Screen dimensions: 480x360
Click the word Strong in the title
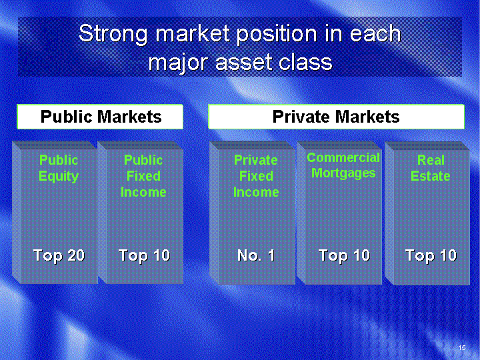[x=113, y=35]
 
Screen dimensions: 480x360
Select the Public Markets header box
[x=100, y=117]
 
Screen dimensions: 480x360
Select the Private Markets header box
[x=336, y=117]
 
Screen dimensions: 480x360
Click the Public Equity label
[x=59, y=168]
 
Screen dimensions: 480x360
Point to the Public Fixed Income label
[x=143, y=176]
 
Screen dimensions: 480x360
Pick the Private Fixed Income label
[x=256, y=176]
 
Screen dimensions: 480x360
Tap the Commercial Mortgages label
[x=343, y=165]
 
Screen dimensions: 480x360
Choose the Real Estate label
[x=431, y=168]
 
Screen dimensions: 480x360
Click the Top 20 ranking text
[x=59, y=256]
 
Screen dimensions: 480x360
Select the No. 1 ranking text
[x=256, y=255]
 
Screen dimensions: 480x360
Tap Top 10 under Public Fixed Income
[x=144, y=256]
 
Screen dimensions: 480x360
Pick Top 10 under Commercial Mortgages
[x=345, y=256]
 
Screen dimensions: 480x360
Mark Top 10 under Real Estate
[x=431, y=256]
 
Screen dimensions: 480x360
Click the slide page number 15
[x=462, y=348]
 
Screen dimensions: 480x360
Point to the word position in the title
[x=277, y=35]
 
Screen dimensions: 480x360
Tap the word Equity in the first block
[x=59, y=177]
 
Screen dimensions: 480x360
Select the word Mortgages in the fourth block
[x=343, y=173]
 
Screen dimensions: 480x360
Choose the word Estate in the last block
[x=431, y=176]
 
